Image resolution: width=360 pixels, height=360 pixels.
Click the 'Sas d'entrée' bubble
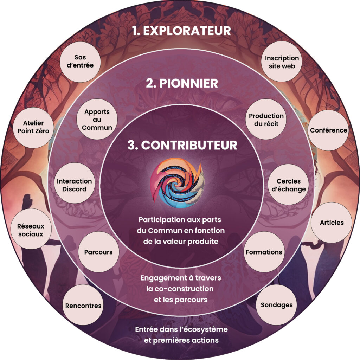coord(80,62)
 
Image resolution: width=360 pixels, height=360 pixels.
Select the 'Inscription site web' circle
coord(282,62)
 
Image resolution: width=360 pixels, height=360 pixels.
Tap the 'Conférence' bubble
coord(328,130)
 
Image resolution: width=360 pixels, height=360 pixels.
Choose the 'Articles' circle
coord(332,223)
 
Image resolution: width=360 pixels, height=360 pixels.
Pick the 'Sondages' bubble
coord(277,305)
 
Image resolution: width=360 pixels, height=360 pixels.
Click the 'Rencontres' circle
coord(83,306)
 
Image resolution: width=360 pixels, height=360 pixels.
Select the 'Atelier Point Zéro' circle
coord(34,127)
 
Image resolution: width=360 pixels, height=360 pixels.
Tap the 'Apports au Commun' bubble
coord(97,120)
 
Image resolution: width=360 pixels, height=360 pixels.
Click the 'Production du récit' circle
coord(266,120)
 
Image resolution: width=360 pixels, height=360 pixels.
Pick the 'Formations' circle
coord(264,252)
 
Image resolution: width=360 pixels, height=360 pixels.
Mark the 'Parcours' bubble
coord(98,252)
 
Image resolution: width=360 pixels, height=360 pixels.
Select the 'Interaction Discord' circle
coord(74,185)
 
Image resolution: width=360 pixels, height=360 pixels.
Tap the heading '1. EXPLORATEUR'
coord(182,31)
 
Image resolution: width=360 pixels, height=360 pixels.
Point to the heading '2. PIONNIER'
coord(182,84)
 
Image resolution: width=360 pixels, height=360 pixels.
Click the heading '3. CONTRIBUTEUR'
coord(182,145)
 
